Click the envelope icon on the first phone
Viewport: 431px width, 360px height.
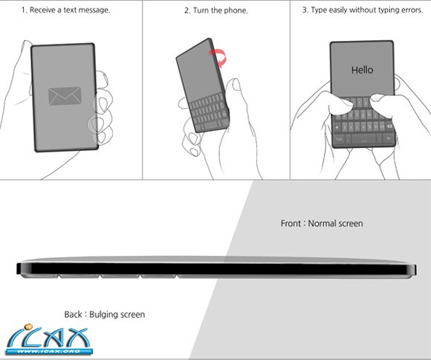[x=65, y=96]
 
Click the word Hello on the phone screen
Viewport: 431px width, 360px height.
[x=362, y=70]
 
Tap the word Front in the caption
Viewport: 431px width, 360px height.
[x=291, y=223]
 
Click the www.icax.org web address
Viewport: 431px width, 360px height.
[x=49, y=351]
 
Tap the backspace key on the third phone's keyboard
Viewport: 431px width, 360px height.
[x=389, y=126]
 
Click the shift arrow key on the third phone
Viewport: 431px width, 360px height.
[x=337, y=127]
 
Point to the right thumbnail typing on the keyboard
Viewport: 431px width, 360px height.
[x=376, y=97]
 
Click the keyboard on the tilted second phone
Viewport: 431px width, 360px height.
[x=210, y=112]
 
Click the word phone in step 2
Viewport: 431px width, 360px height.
[x=236, y=10]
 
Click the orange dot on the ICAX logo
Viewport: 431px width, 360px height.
[x=28, y=327]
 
